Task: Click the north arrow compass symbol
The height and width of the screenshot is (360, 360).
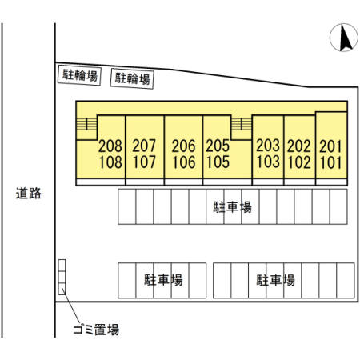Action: click(344, 38)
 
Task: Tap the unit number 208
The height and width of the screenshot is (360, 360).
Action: click(110, 146)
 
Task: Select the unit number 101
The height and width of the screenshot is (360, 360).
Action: click(330, 162)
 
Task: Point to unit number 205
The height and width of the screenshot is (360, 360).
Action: click(218, 146)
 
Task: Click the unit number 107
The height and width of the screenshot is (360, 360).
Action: click(144, 162)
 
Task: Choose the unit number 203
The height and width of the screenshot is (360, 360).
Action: click(268, 146)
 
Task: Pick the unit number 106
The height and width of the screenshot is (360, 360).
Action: click(184, 162)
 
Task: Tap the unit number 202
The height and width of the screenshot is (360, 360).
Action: click(299, 146)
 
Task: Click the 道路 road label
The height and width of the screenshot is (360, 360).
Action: click(29, 193)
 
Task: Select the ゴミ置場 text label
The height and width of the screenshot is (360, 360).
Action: click(96, 330)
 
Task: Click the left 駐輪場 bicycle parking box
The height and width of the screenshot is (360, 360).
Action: click(79, 76)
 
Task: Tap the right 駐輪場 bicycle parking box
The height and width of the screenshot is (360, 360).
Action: click(132, 78)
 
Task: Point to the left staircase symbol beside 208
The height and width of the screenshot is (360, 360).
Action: click(86, 124)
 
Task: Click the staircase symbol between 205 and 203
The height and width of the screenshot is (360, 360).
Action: click(242, 124)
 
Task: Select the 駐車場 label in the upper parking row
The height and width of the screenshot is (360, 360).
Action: click(232, 207)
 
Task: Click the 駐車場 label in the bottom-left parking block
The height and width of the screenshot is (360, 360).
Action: click(163, 280)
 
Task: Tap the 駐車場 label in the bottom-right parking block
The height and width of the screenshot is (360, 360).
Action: click(275, 280)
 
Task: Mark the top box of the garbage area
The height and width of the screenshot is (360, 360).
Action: click(62, 266)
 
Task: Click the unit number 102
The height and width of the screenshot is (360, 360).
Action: click(299, 162)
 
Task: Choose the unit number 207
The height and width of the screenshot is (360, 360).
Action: click(144, 146)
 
